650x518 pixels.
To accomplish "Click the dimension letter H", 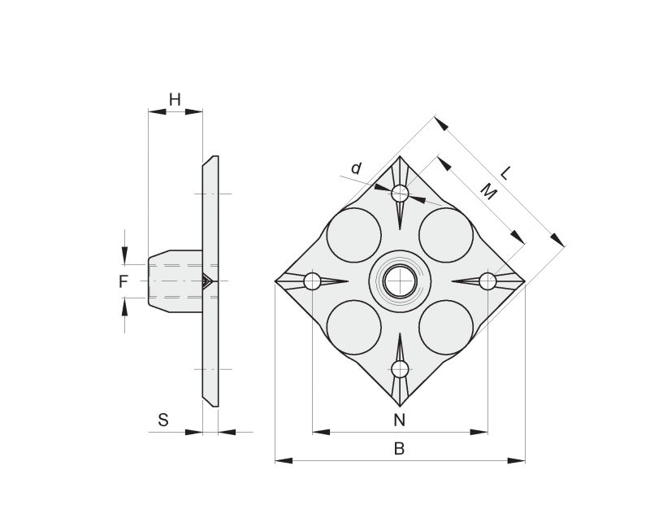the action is pos(175,99).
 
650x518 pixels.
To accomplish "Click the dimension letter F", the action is pos(123,282).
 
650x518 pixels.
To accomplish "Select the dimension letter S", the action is pos(163,420).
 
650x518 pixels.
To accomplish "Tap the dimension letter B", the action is pos(399,448).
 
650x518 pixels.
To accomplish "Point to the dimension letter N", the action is pos(399,420).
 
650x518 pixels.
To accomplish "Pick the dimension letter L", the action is pos(505,172).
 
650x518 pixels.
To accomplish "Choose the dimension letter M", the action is pos(488,192).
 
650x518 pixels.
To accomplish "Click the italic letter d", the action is pos(356,169).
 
